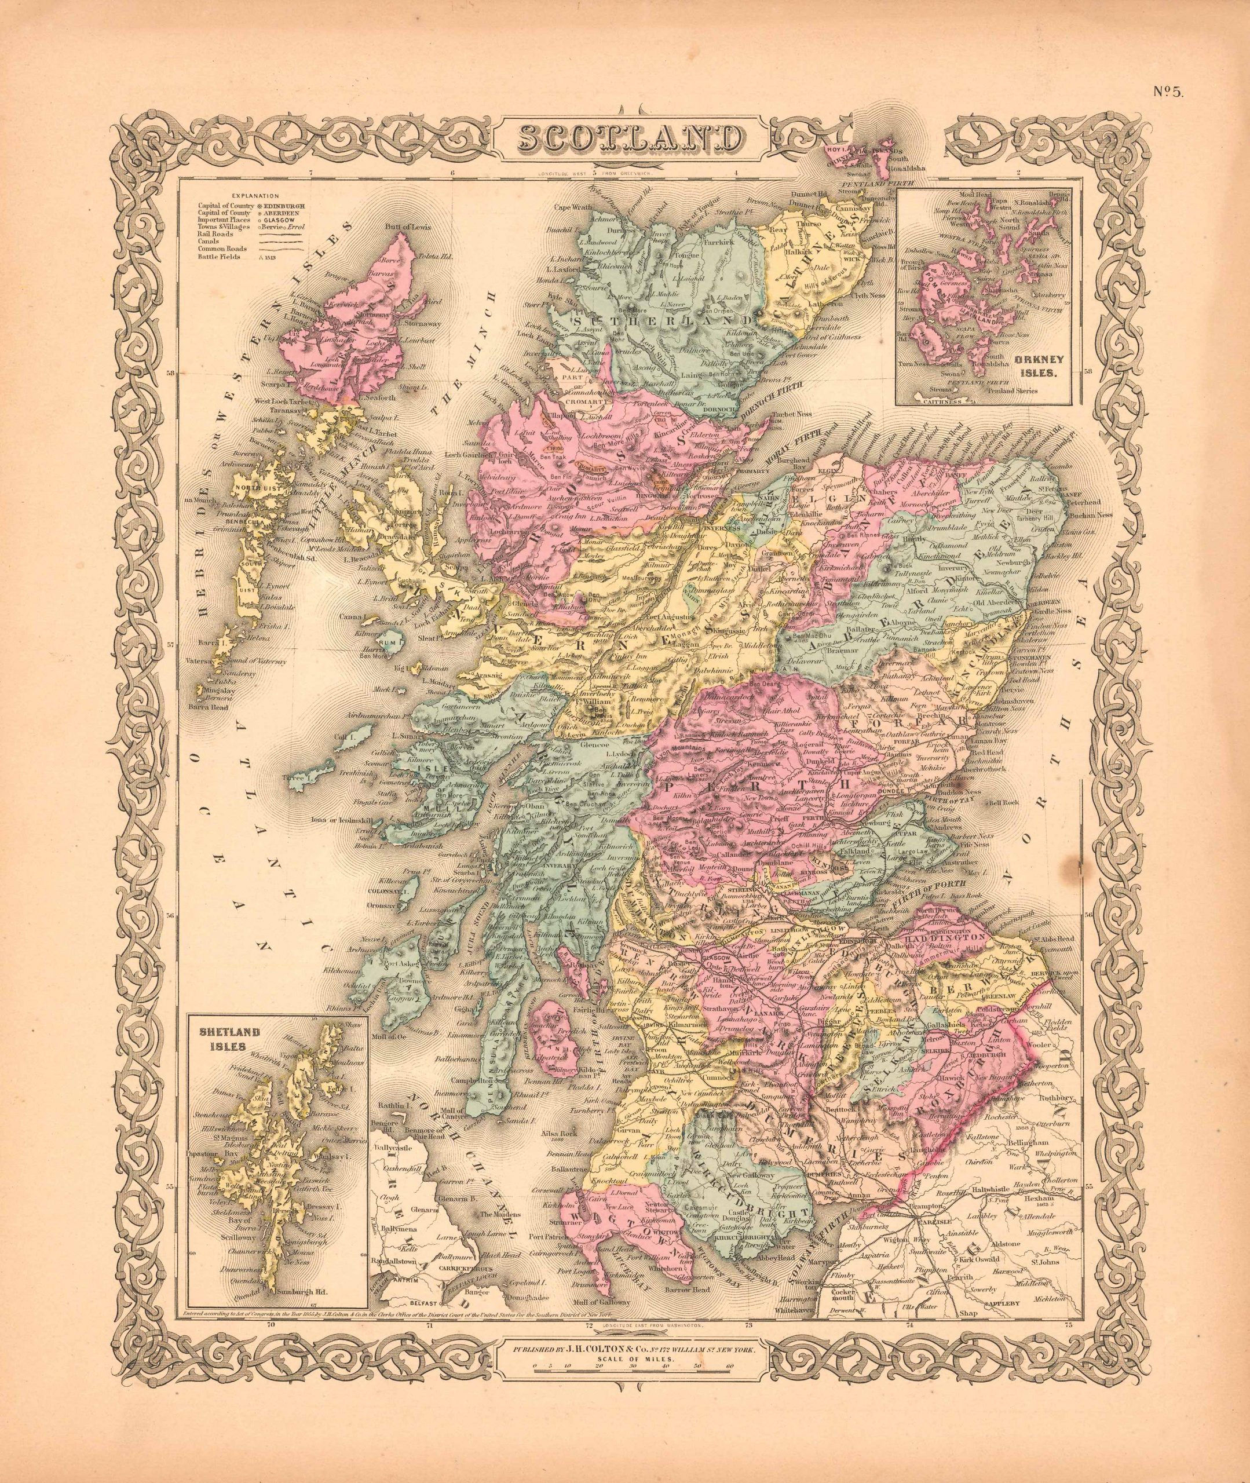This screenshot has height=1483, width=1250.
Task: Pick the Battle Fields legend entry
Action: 217,257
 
